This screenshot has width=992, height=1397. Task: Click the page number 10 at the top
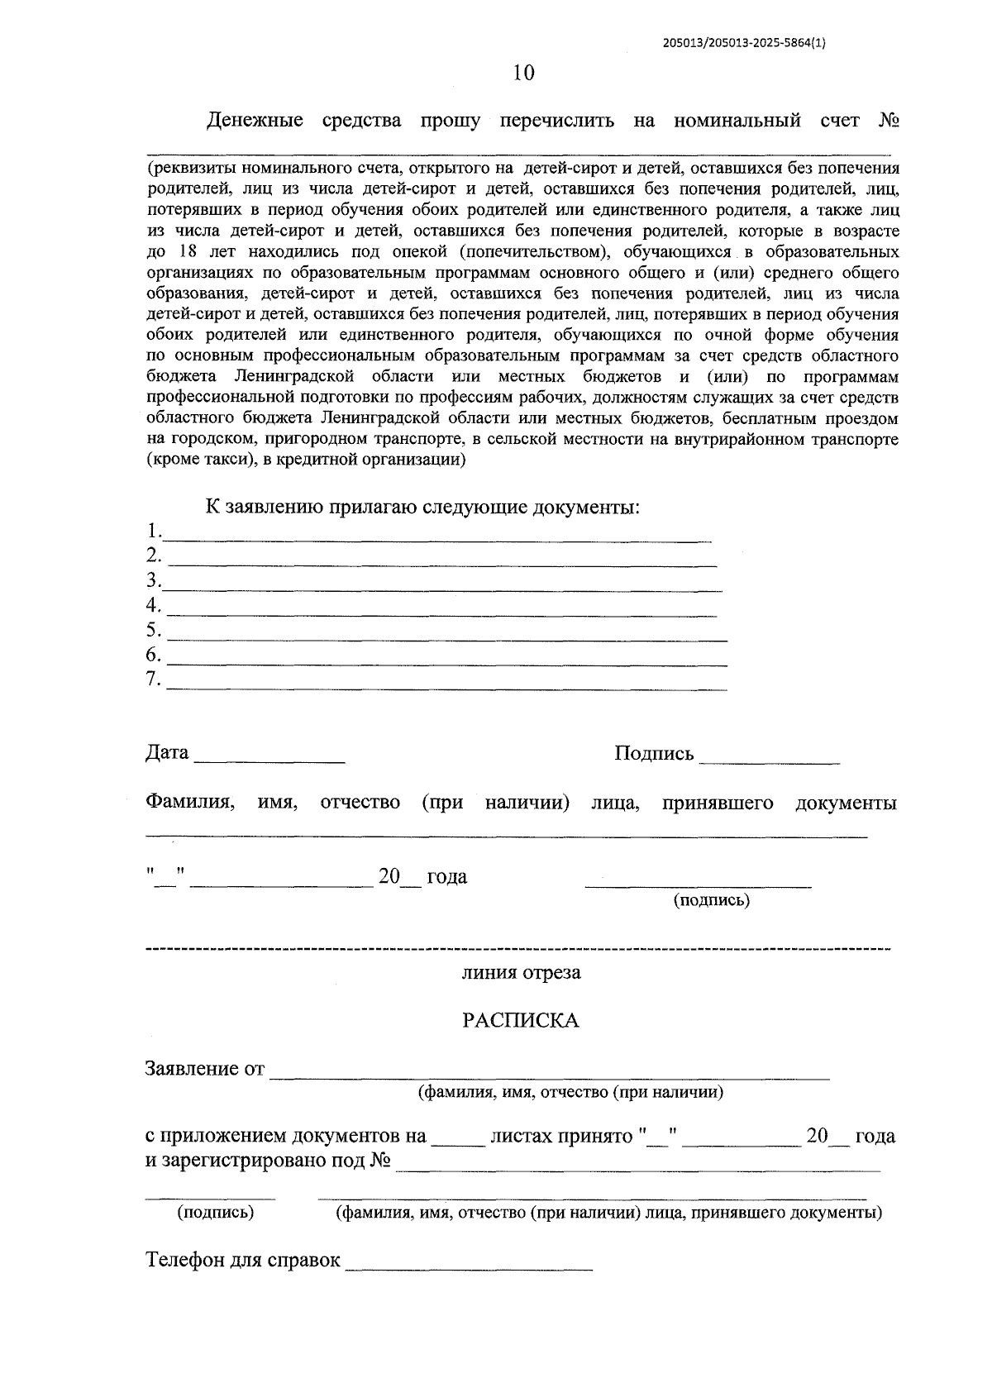523,74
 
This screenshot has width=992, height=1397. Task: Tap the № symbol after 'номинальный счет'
889,122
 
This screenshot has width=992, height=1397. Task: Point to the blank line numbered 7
446,684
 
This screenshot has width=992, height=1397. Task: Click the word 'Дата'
167,753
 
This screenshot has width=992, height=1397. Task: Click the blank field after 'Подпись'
769,756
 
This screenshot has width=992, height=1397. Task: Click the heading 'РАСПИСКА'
520,1021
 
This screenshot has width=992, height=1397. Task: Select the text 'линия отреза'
521,973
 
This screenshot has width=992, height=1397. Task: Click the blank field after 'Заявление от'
550,1073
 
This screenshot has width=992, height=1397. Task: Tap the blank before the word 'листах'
458,1141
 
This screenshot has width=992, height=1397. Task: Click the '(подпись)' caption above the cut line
712,901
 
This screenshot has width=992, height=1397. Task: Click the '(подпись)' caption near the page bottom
216,1213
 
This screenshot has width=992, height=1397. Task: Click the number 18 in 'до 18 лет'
187,252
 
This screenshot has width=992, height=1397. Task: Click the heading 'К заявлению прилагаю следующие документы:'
422,507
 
